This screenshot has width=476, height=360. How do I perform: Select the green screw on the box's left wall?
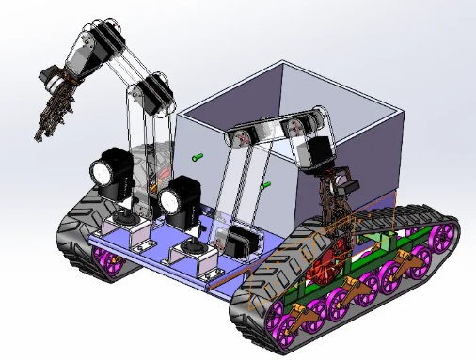click(x=197, y=157)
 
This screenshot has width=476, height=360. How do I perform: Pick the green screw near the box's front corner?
click(x=265, y=185)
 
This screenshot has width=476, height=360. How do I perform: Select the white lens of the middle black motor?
click(x=170, y=198)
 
